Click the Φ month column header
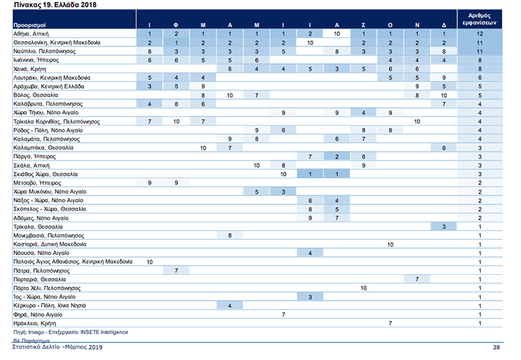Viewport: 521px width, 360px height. tap(176, 24)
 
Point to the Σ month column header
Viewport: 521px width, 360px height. tap(363, 24)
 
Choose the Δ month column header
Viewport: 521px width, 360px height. tap(444, 24)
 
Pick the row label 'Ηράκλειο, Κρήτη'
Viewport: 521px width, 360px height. tap(31, 324)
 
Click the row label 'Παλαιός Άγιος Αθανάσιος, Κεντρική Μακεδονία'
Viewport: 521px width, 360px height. tap(72, 262)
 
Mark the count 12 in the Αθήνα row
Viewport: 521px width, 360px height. tap(479, 33)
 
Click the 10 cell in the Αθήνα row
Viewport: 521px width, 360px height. tap(337, 33)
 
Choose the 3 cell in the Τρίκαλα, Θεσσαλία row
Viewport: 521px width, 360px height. tap(444, 227)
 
